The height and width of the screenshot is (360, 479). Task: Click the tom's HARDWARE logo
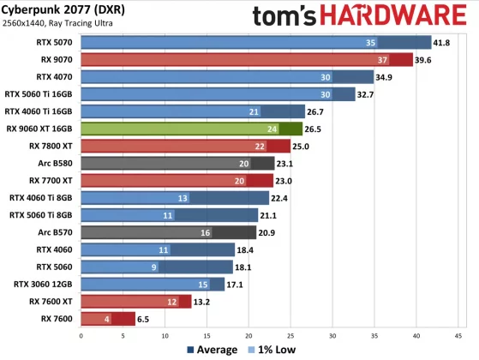click(x=360, y=16)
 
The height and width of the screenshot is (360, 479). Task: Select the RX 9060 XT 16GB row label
click(x=40, y=129)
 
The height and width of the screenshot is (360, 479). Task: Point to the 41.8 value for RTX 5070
click(x=444, y=42)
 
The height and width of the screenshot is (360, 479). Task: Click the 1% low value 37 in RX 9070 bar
click(x=382, y=59)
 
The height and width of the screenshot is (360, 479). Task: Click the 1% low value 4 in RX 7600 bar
click(x=107, y=318)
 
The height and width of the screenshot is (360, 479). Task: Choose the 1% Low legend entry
click(x=273, y=350)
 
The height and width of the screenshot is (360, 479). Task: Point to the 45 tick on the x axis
click(x=458, y=336)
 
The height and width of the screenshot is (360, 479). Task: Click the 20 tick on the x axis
click(x=248, y=336)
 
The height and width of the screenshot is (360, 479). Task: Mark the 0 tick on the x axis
click(x=81, y=336)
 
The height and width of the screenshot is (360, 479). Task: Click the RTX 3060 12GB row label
click(x=45, y=284)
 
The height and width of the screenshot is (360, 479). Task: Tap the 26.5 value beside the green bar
click(x=314, y=129)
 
